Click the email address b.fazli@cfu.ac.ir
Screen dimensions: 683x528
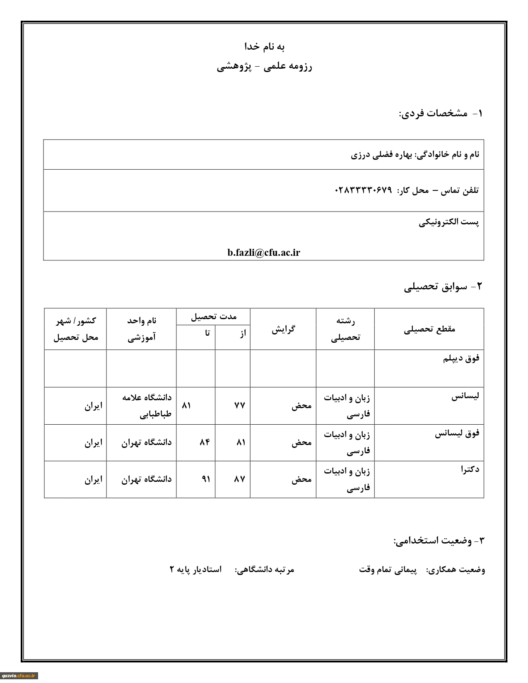(x=263, y=253)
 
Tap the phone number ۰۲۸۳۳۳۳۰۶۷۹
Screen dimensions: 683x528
(x=363, y=190)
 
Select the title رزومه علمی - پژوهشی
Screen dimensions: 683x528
(x=264, y=67)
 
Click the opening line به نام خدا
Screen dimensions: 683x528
(x=264, y=46)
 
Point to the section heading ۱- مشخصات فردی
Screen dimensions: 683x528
(x=441, y=113)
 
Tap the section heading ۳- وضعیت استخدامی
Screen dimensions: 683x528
(x=439, y=541)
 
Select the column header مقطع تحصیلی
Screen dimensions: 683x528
(x=429, y=329)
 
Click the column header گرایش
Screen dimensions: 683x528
(x=283, y=329)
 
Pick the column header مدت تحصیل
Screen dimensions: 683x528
(x=213, y=317)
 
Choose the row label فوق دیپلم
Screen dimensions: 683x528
(x=461, y=358)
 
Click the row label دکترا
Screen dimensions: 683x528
(x=470, y=469)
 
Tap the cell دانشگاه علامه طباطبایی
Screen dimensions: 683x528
(x=147, y=406)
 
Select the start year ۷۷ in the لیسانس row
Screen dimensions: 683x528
(x=240, y=405)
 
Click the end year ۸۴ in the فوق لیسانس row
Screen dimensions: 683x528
(x=205, y=442)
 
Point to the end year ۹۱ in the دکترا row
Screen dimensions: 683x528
(x=206, y=479)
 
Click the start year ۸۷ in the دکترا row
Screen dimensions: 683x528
(x=240, y=479)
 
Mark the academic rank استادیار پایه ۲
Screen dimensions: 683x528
(x=195, y=570)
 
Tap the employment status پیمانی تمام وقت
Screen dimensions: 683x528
(x=388, y=570)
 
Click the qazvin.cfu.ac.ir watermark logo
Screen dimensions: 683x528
(x=19, y=676)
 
